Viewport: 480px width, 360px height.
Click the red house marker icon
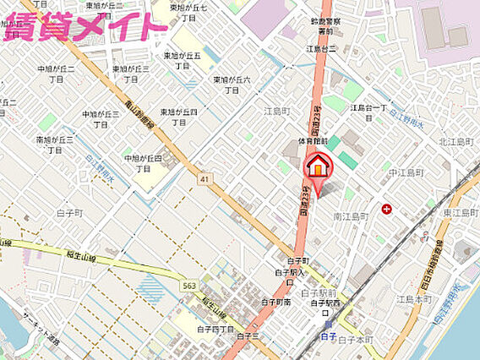click(318, 166)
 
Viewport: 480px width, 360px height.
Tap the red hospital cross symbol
click(386, 208)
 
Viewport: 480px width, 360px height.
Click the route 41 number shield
click(205, 178)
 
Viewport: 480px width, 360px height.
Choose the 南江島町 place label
click(351, 216)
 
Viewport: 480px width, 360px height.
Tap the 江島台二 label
click(321, 49)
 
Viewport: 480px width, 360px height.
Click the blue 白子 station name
click(330, 335)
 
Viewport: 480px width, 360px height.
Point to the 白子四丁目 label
click(215, 330)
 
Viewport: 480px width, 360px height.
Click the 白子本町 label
click(355, 339)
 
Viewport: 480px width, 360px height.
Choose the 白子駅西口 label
click(325, 302)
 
